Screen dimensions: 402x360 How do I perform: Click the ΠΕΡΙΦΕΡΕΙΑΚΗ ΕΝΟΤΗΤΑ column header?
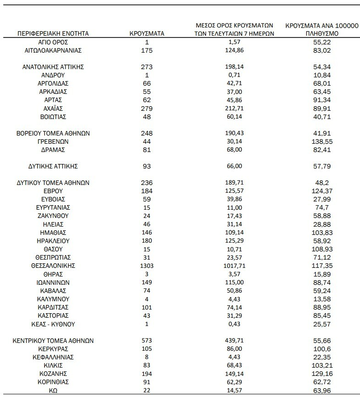coord(53,33)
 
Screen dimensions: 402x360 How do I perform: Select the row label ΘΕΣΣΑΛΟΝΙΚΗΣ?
coord(53,266)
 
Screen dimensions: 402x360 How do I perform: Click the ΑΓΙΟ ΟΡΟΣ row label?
coord(53,42)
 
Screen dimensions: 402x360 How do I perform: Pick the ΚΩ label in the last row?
coord(53,390)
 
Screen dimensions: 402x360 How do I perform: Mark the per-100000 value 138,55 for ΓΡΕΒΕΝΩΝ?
coord(321,141)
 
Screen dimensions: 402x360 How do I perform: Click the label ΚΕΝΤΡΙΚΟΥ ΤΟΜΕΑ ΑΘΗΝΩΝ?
coord(53,341)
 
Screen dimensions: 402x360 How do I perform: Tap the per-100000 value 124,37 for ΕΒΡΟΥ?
coord(321,191)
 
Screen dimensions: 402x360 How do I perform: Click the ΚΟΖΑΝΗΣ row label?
coord(53,374)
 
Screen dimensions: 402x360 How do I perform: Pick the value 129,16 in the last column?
coord(321,374)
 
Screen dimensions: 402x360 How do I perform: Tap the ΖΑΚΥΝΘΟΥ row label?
coord(53,216)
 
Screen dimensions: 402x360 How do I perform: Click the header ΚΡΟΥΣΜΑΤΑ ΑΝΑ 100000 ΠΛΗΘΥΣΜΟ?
coord(321,30)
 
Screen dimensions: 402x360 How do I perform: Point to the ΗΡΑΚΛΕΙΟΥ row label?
coord(53,241)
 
